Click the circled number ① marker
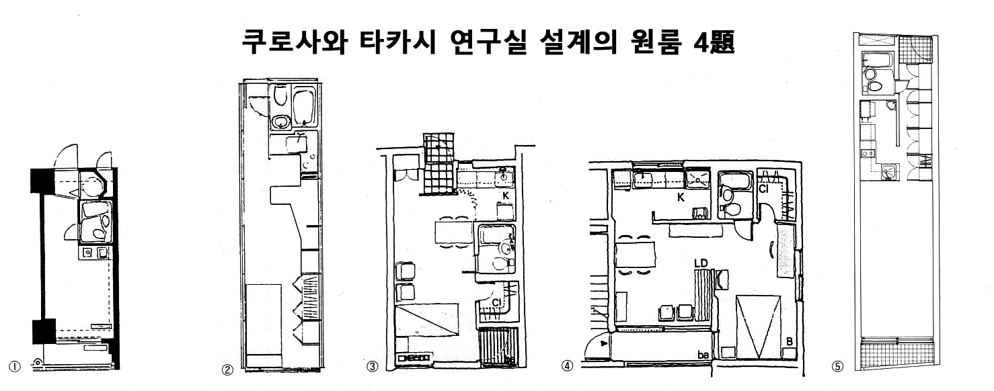pos(14,366)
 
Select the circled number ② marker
pos(227,369)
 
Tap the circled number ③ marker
pos(372,367)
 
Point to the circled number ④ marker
pos(568,367)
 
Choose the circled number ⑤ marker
pos(838,367)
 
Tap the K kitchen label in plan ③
pos(505,195)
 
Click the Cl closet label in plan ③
pos(496,303)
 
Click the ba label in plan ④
pos(702,353)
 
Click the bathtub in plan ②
pos(305,107)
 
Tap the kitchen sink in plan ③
pos(502,178)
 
